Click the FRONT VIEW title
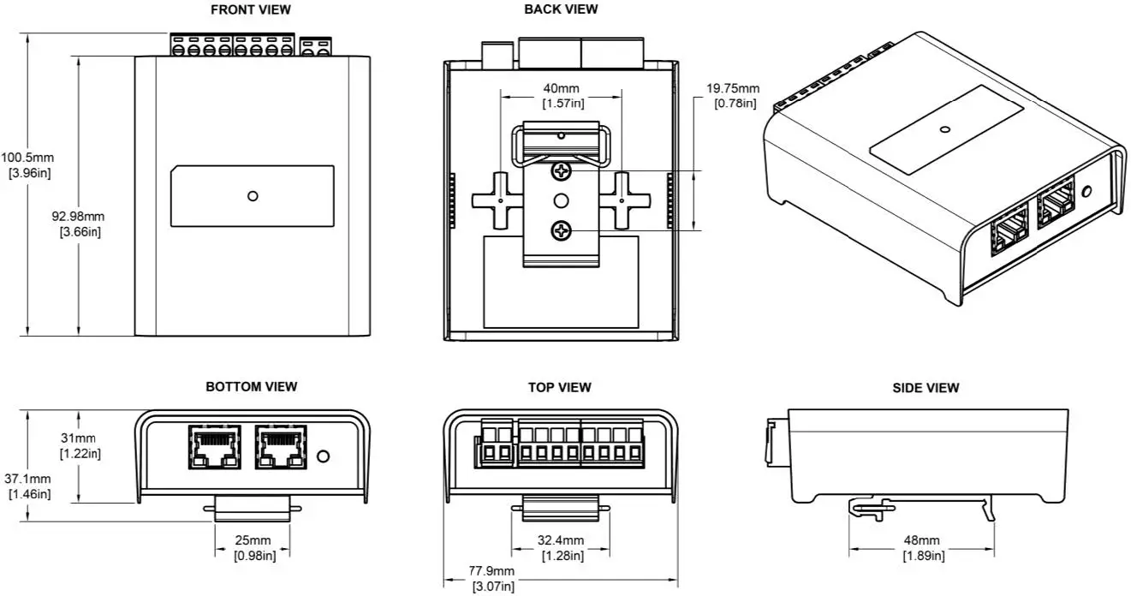pyautogui.click(x=251, y=9)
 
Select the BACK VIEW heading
pyautogui.click(x=561, y=9)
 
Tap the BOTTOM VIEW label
pyautogui.click(x=251, y=387)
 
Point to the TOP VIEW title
pyautogui.click(x=559, y=387)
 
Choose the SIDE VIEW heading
pyautogui.click(x=926, y=388)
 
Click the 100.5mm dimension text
pyautogui.click(x=27, y=158)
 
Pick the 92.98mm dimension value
pyautogui.click(x=78, y=216)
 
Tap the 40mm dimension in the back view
pyautogui.click(x=562, y=88)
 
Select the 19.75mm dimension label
pyautogui.click(x=733, y=88)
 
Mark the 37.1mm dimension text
pyautogui.click(x=27, y=479)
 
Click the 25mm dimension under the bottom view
pyautogui.click(x=254, y=540)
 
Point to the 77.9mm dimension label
pyautogui.click(x=491, y=571)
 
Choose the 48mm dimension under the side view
pyautogui.click(x=921, y=540)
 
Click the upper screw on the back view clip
pyautogui.click(x=562, y=172)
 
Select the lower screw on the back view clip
pyautogui.click(x=562, y=229)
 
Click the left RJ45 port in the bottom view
pyautogui.click(x=214, y=446)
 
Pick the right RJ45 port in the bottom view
pyautogui.click(x=280, y=446)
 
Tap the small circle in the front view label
pyautogui.click(x=253, y=196)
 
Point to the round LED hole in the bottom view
pyautogui.click(x=324, y=456)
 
